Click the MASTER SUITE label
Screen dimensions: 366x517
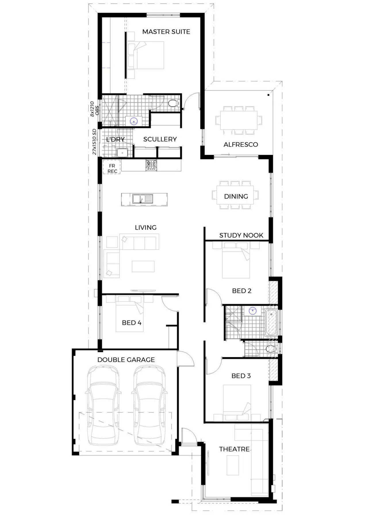pyautogui.click(x=166, y=32)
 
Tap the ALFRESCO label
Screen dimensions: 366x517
pyautogui.click(x=241, y=144)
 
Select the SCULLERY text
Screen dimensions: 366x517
pyautogui.click(x=160, y=139)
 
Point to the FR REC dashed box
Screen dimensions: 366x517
pyautogui.click(x=112, y=167)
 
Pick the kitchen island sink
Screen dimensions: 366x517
pyautogui.click(x=143, y=199)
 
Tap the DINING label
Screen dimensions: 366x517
pyautogui.click(x=236, y=196)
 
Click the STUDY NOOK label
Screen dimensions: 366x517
pyautogui.click(x=241, y=236)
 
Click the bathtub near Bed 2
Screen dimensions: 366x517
pyautogui.click(x=271, y=323)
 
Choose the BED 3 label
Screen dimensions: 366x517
pyautogui.click(x=241, y=376)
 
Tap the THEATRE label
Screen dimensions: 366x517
pyautogui.click(x=234, y=449)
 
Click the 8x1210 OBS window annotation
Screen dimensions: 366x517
pyautogui.click(x=94, y=109)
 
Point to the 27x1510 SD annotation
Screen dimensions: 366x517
pyautogui.click(x=94, y=142)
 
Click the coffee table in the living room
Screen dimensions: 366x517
pyautogui.click(x=143, y=266)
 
